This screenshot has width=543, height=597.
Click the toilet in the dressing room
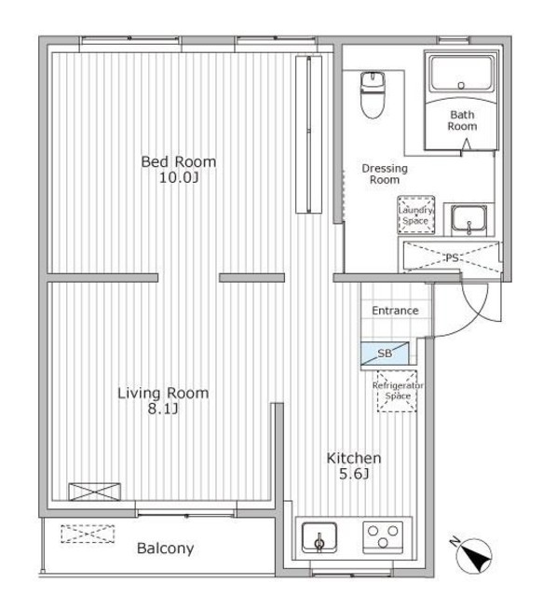click(x=373, y=95)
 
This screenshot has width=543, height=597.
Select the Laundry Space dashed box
click(x=416, y=215)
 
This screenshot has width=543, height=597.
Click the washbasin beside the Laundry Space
click(x=468, y=221)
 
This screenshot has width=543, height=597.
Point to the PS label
click(x=452, y=258)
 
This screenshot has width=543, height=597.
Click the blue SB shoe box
click(x=385, y=354)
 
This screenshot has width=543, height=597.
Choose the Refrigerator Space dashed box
click(x=397, y=391)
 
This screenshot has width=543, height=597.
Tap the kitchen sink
click(x=319, y=538)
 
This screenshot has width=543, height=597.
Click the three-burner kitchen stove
click(x=383, y=537)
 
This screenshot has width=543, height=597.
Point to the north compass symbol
click(x=473, y=555)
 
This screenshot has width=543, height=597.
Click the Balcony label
click(x=166, y=548)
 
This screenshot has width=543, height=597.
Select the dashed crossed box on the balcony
click(x=88, y=534)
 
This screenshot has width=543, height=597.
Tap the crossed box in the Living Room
click(x=95, y=492)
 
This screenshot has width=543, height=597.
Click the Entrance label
click(x=395, y=311)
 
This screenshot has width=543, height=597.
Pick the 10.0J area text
click(x=179, y=178)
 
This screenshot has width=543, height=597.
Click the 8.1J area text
click(x=163, y=410)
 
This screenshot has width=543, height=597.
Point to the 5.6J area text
click(x=354, y=474)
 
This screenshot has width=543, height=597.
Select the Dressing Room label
click(x=385, y=174)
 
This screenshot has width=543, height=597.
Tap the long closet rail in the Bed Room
click(x=309, y=134)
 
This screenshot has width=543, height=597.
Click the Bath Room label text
click(x=462, y=120)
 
